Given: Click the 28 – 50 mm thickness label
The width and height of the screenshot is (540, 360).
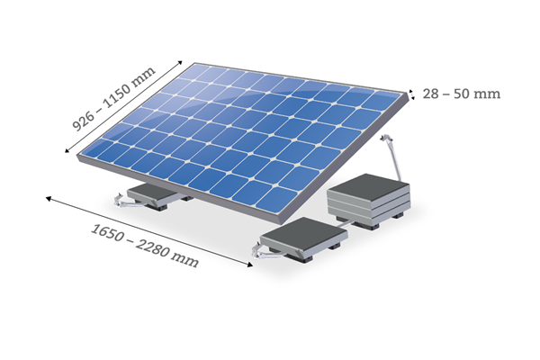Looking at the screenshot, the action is [x=461, y=94].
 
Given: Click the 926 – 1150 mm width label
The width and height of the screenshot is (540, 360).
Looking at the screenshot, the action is [x=114, y=99].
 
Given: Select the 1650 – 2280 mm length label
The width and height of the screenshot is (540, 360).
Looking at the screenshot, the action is [x=145, y=246].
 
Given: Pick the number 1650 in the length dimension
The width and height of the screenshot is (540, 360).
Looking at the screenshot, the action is [x=107, y=232].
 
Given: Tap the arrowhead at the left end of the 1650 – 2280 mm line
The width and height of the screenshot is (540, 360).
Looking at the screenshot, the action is [x=49, y=198].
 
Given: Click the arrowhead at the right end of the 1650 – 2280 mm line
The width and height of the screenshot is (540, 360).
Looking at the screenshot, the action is [x=250, y=265].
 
